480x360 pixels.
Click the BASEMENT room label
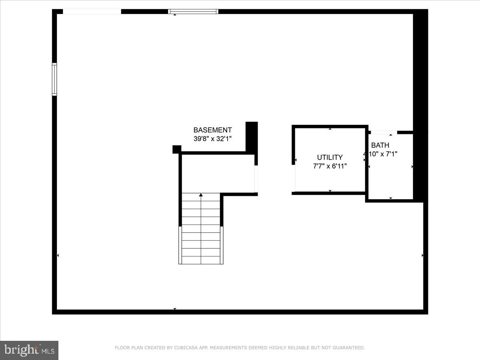(212, 130)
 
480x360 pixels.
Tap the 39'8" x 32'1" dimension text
(212, 138)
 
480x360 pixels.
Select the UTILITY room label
(330, 158)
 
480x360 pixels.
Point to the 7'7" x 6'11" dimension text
(330, 166)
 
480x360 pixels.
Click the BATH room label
(380, 145)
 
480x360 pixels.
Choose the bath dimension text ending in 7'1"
(381, 154)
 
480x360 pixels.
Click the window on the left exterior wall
(54, 79)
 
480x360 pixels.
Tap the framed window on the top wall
(193, 12)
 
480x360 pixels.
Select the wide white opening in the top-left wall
(92, 12)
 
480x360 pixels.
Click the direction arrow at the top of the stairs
(201, 195)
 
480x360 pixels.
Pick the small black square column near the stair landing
(177, 149)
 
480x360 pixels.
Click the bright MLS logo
(29, 350)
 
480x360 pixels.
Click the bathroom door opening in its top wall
(384, 132)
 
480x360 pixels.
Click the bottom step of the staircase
(201, 260)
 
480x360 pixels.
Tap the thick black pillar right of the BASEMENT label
(252, 137)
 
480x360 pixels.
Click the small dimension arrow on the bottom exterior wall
(175, 309)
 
